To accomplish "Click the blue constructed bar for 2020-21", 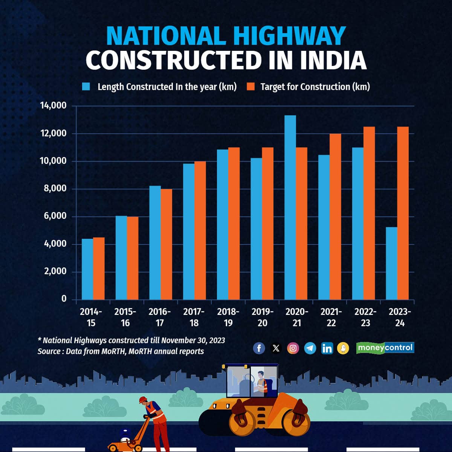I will pyautogui.click(x=290, y=207).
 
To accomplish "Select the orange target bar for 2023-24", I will pyautogui.click(x=403, y=213).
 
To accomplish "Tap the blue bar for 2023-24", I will pyautogui.click(x=391, y=263).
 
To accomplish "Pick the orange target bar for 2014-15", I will pyautogui.click(x=99, y=268).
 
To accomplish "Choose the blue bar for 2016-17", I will pyautogui.click(x=155, y=243).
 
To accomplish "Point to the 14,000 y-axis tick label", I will pyautogui.click(x=53, y=105).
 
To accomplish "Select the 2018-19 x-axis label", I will pyautogui.click(x=228, y=317).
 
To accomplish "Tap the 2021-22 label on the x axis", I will pyautogui.click(x=331, y=317).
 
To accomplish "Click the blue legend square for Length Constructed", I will pyautogui.click(x=86, y=87).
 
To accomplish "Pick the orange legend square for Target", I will pyautogui.click(x=251, y=87).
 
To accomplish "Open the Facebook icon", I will pyautogui.click(x=259, y=348).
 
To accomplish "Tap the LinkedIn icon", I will pyautogui.click(x=327, y=348).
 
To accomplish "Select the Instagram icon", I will pyautogui.click(x=293, y=348).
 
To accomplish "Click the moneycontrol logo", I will pyautogui.click(x=385, y=348).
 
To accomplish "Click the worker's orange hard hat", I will pyautogui.click(x=142, y=399).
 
